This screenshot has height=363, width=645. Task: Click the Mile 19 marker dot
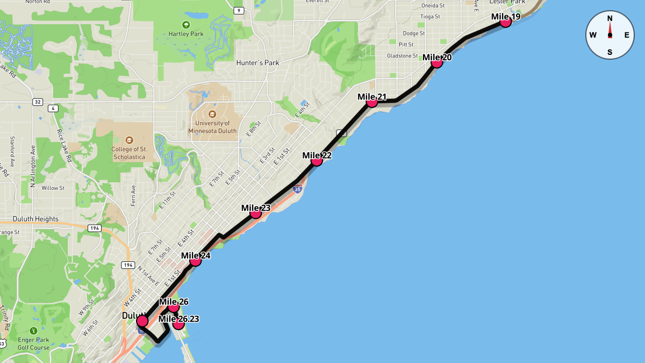[505, 22]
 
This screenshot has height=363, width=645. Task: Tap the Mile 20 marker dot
[436, 62]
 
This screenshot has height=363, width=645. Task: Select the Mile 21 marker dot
[371, 102]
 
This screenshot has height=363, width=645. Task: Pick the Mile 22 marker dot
[317, 160]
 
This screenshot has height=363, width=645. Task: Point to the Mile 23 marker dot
[256, 213]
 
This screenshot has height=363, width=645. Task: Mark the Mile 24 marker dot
[196, 261]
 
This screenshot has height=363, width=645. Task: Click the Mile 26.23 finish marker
[178, 324]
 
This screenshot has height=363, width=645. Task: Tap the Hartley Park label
[186, 34]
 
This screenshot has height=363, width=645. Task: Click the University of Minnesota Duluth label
[212, 127]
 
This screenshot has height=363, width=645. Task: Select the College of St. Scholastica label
[130, 153]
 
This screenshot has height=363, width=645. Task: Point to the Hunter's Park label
[257, 63]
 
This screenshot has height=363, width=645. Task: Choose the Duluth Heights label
[35, 219]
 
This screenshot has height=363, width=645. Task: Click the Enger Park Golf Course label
[34, 344]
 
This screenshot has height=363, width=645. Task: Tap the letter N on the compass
[610, 18]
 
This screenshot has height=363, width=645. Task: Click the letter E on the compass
[627, 35]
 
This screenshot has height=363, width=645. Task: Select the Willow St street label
[53, 188]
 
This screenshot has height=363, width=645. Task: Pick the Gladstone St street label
[402, 56]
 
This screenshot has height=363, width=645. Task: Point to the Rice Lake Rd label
[64, 146]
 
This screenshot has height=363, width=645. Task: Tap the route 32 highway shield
[37, 102]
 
